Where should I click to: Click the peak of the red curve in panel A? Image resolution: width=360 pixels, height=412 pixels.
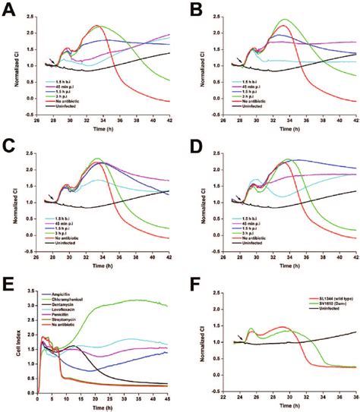(96, 26)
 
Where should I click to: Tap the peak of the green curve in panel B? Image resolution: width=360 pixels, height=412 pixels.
(285, 20)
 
